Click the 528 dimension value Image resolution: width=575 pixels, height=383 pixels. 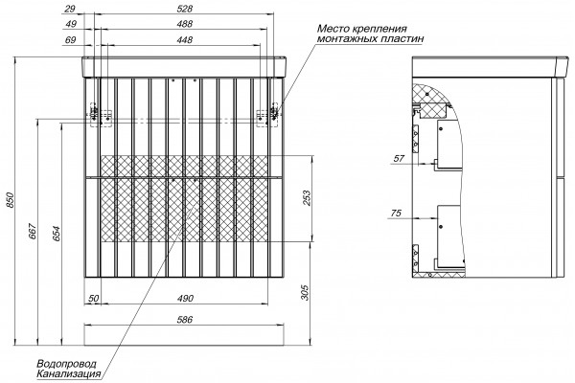(184, 9)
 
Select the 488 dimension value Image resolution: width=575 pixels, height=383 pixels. (184, 24)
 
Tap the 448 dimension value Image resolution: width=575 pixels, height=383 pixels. (184, 40)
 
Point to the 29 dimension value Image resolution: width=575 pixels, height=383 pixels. (70, 9)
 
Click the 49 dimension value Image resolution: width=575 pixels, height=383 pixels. (71, 24)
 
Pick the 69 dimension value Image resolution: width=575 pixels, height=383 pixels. (70, 40)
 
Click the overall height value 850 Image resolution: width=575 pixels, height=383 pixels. (11, 200)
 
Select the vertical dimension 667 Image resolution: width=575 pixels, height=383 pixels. (33, 231)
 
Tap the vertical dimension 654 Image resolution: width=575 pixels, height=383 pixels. (57, 234)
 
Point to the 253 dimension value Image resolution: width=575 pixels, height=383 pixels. (308, 198)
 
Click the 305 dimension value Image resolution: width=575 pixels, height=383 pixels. (305, 292)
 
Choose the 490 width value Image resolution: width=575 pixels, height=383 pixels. (186, 299)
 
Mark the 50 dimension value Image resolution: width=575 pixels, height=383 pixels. (94, 299)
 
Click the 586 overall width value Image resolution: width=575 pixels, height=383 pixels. (184, 320)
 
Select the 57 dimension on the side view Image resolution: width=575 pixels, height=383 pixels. (399, 159)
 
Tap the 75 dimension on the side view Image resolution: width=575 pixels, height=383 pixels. (396, 214)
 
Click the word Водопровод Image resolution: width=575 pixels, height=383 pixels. (66, 364)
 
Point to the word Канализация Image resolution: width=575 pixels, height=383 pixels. (69, 374)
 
